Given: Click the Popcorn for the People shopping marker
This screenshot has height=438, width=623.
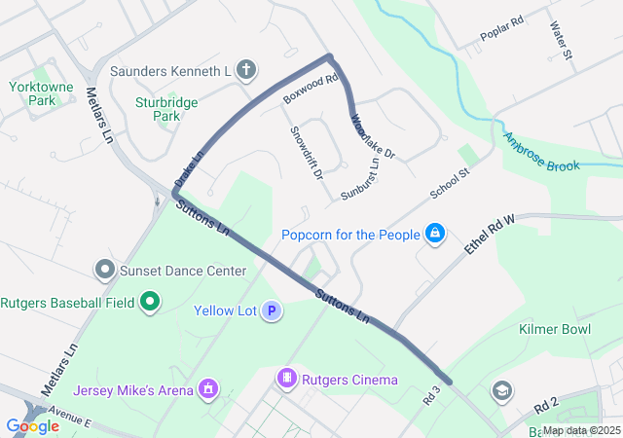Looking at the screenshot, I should click(435, 235).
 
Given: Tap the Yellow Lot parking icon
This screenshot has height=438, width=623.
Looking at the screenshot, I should click(273, 311).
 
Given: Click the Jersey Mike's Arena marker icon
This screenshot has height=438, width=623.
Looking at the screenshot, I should click(206, 390).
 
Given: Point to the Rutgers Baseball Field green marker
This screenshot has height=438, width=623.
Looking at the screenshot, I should click(149, 302).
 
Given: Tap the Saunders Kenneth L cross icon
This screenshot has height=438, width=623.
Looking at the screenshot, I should click(246, 70).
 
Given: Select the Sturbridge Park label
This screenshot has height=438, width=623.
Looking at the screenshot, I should click(167, 108).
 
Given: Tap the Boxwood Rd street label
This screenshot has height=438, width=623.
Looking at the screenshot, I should click(310, 88).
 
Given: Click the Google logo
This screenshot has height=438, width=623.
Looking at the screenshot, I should click(31, 425).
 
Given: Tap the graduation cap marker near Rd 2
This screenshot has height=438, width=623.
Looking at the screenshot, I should click(501, 390).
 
